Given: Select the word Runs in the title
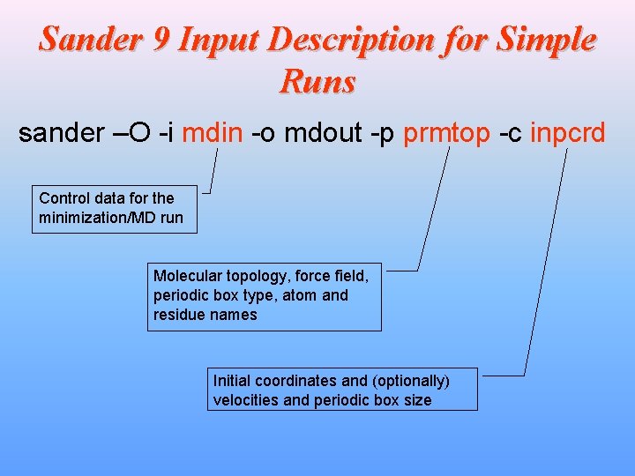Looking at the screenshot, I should (317, 82).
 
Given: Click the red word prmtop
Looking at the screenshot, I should (446, 133).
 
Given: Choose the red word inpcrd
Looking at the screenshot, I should (567, 133).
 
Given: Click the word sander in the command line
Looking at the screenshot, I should (60, 133).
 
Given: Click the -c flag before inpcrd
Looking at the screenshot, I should (510, 133).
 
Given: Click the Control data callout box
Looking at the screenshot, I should (115, 209).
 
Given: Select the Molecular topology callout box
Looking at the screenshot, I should (265, 295).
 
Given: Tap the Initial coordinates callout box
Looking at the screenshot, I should (342, 390).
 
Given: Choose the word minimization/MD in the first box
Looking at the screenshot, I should (97, 218).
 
